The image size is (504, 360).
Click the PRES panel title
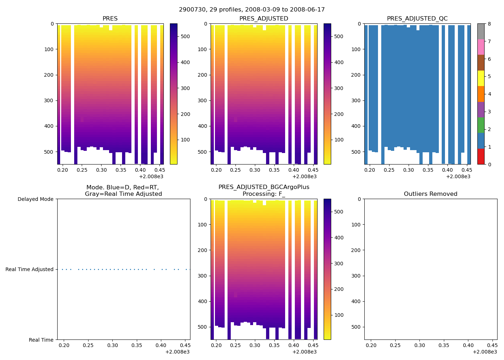coord(110,19)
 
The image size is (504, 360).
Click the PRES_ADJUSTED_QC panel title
coord(417,19)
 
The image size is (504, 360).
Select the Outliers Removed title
coord(431,194)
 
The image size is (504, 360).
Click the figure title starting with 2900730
coord(252,10)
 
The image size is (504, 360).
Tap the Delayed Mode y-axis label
coord(35,199)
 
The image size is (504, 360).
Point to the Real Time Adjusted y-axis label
coord(30,269)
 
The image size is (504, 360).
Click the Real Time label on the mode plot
coord(41,340)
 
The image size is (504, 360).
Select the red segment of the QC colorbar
coord(481,157)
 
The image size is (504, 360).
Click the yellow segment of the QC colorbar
coord(481,78)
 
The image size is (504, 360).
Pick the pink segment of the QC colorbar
coord(481,47)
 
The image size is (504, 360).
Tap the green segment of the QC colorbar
coord(481,125)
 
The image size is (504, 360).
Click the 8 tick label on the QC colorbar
coord(489,24)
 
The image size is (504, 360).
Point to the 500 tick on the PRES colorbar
coord(185,37)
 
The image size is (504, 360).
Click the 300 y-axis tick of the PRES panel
coord(50,100)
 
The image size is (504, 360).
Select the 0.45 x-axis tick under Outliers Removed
coord(492,346)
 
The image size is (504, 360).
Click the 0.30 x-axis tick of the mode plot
coord(112,346)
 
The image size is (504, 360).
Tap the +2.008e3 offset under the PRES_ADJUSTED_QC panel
coord(458,176)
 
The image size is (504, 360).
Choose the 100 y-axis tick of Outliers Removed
coord(357,225)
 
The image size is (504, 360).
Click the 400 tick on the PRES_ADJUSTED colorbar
coord(339,62)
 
